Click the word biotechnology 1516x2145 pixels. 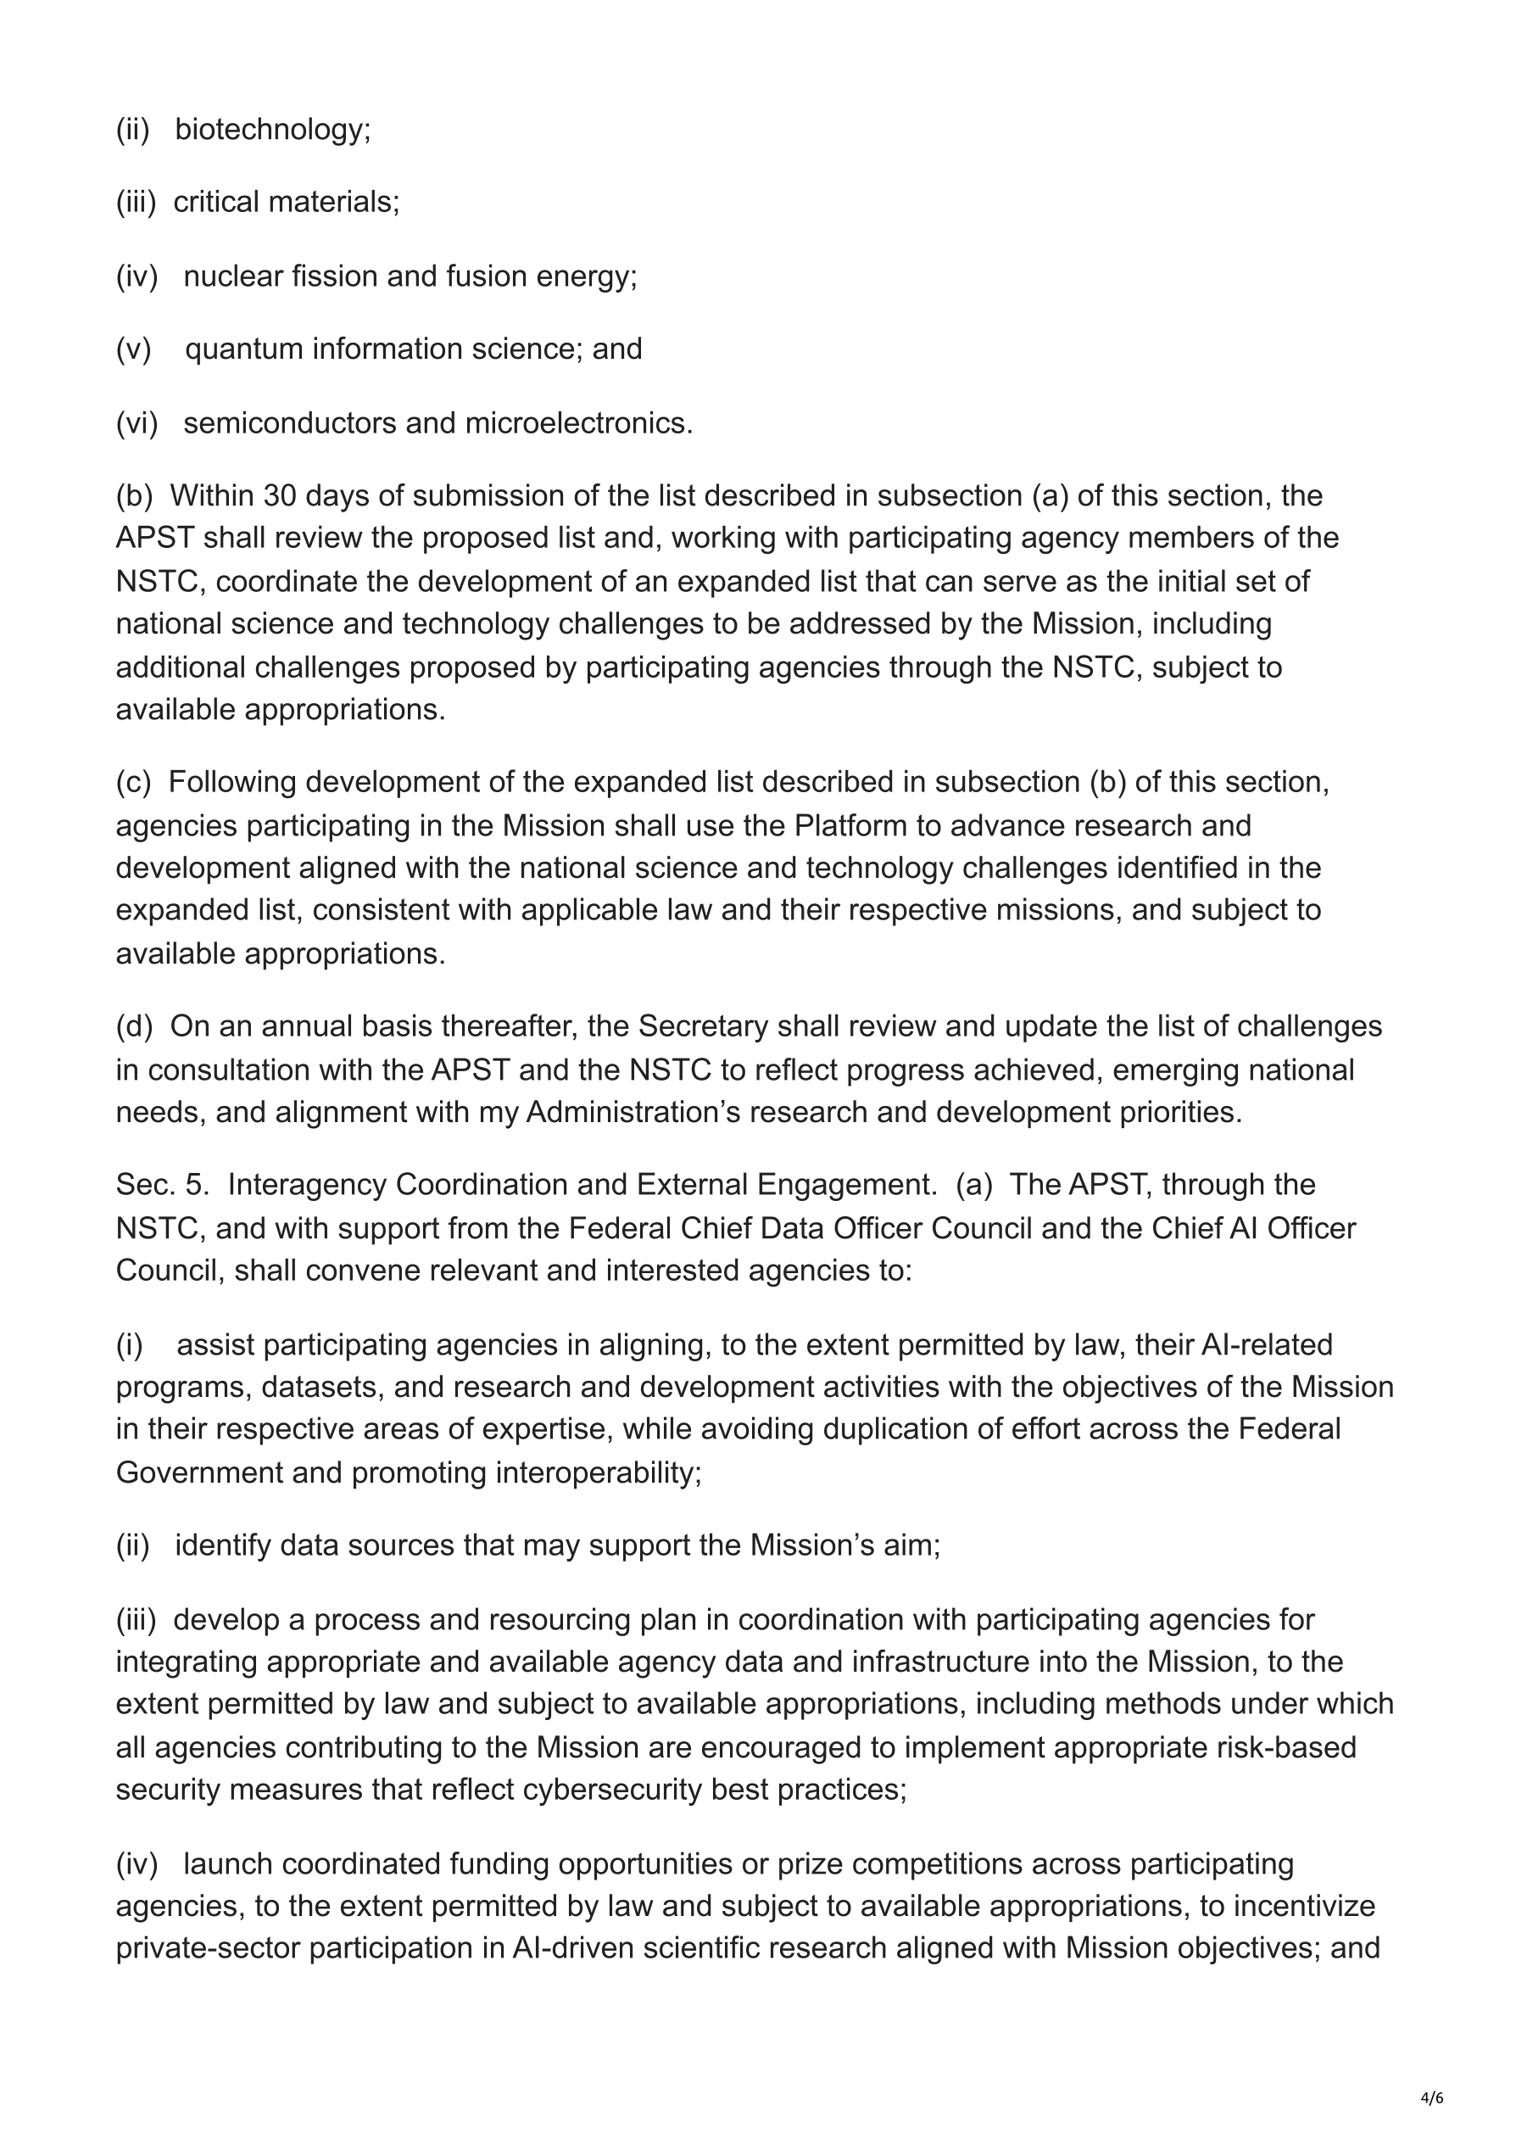click(x=272, y=129)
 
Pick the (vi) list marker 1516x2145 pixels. click(x=137, y=423)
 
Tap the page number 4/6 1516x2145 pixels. click(x=1432, y=2098)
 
